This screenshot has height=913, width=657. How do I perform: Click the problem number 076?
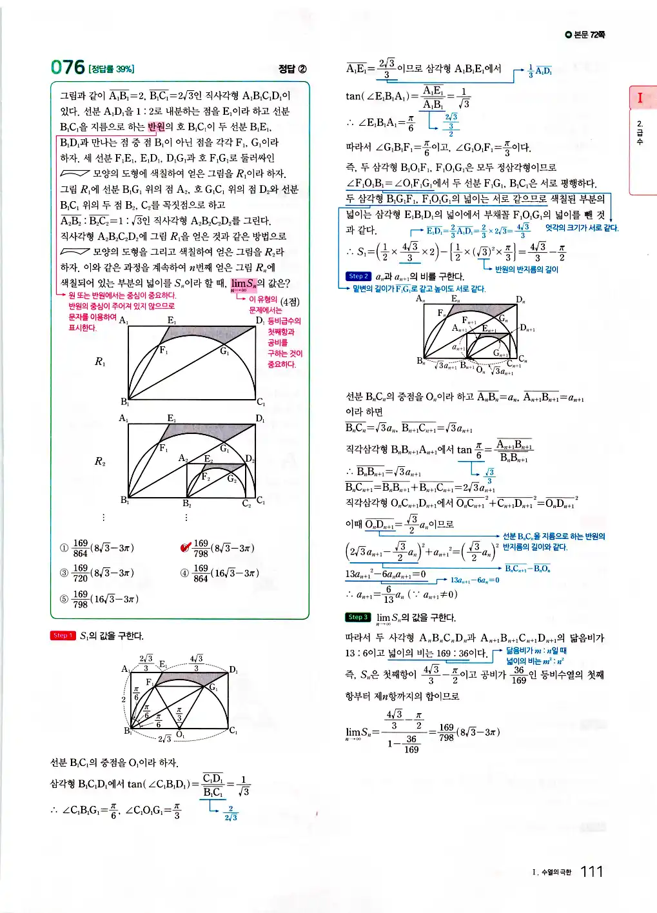[x=68, y=67]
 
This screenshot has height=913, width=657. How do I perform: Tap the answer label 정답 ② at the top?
[x=292, y=69]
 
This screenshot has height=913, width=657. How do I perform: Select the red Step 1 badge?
[x=63, y=636]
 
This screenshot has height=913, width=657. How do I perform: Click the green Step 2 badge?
[x=358, y=277]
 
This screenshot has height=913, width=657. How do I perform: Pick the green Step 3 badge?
[x=358, y=617]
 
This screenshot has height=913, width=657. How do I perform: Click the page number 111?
[x=591, y=872]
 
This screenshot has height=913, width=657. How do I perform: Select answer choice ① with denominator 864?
[x=97, y=548]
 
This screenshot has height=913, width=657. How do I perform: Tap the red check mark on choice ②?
[x=186, y=547]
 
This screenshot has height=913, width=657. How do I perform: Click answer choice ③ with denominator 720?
[x=97, y=573]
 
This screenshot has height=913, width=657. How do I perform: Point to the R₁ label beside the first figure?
[x=100, y=362]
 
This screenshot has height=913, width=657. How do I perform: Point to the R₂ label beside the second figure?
[x=100, y=462]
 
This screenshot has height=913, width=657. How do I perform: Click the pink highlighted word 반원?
[x=157, y=127]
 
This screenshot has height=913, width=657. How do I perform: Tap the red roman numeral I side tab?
[x=640, y=98]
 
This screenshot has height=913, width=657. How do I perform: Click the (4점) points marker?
[x=290, y=302]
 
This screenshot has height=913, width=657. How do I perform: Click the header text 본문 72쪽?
[x=585, y=35]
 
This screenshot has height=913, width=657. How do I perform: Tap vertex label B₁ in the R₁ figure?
[x=124, y=402]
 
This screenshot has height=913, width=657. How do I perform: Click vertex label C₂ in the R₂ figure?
[x=246, y=504]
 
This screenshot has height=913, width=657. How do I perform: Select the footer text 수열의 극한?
[x=556, y=872]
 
